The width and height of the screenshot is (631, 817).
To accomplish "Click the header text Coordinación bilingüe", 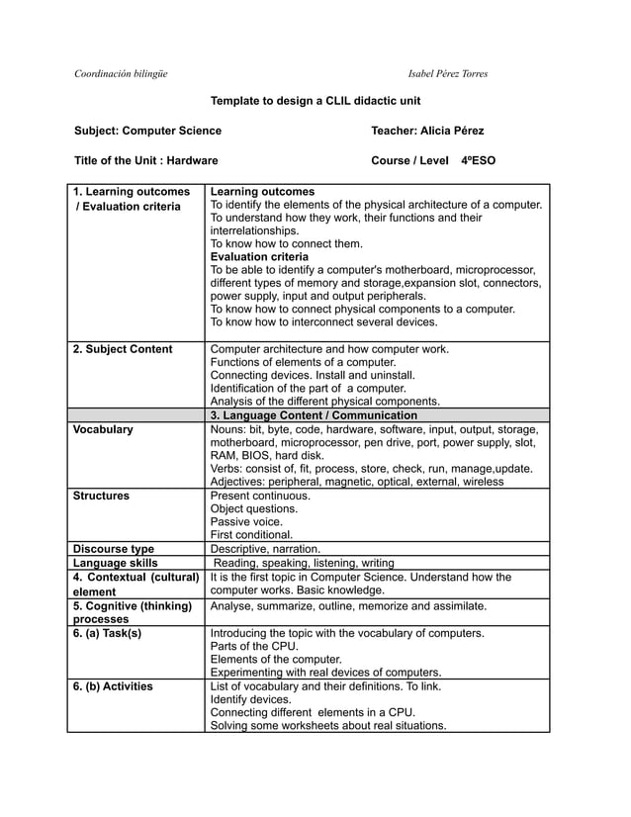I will coord(122,74).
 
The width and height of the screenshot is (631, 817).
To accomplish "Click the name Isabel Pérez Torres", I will coord(447,74).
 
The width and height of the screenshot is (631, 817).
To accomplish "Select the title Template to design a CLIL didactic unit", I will coord(315,101).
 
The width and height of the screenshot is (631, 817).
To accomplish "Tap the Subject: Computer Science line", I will coord(147,131).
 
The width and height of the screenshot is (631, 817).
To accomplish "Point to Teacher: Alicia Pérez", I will coord(426,131).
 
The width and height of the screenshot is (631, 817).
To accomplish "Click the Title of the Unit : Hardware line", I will coord(146,160).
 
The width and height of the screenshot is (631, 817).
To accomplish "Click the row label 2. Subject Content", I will coord(123,349).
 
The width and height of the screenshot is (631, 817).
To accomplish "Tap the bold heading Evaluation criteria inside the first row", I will coord(260,256).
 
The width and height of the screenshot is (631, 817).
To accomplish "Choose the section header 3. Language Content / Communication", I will coord(315,415).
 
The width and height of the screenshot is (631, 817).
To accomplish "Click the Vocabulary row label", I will coord(104,430).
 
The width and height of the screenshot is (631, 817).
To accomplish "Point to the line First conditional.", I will coord(252,535).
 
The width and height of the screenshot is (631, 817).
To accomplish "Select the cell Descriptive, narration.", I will coord(266,549).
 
